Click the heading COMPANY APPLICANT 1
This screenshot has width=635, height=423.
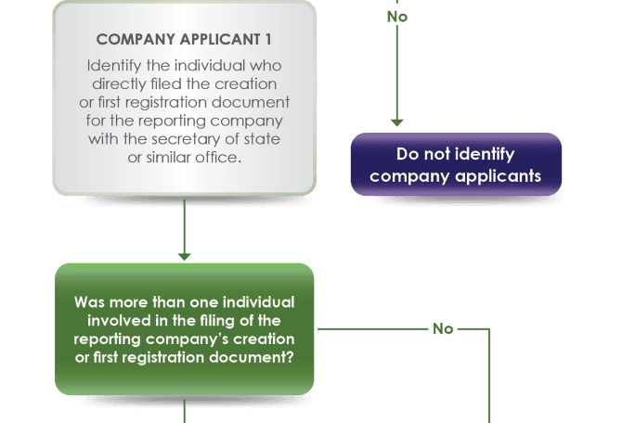point(184,39)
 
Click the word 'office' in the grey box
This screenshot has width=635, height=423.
point(218,157)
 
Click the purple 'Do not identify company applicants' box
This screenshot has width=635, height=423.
point(456,164)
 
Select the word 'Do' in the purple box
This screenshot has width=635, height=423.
point(407,155)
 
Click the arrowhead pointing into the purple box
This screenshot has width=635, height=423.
point(396,122)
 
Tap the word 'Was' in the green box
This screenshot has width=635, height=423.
point(91,302)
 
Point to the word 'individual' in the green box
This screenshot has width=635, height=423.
point(261,302)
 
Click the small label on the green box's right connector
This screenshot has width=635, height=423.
point(443,328)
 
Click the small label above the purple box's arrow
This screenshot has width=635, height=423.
point(396,15)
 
